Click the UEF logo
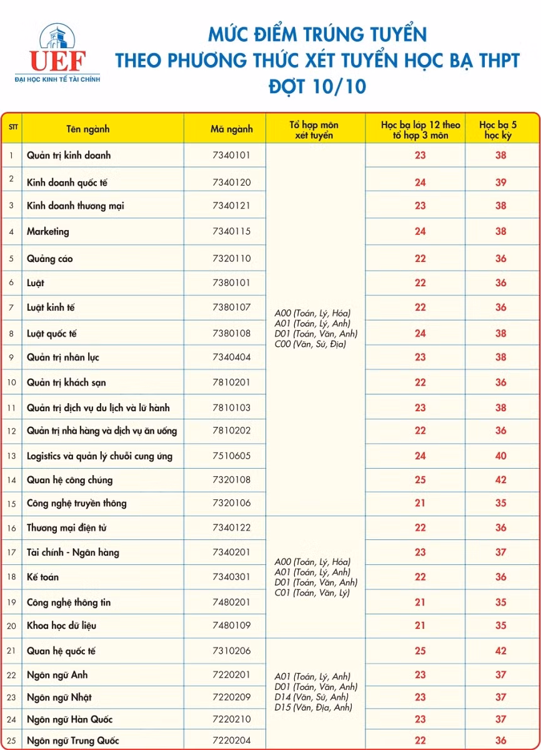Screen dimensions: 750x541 pyautogui.click(x=57, y=52)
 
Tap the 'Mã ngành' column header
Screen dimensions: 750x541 pyautogui.click(x=231, y=129)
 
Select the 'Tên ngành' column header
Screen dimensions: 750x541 pyautogui.click(x=88, y=129)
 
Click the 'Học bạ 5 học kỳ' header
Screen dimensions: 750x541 pyautogui.click(x=501, y=130)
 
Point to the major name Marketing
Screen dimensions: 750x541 pyautogui.click(x=48, y=231)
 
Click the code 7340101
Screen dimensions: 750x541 pyautogui.click(x=231, y=155)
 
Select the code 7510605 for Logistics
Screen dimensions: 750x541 pyautogui.click(x=231, y=456)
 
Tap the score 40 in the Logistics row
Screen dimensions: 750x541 pyautogui.click(x=501, y=456)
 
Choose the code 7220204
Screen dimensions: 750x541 pyautogui.click(x=231, y=741)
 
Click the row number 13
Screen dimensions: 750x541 pyautogui.click(x=12, y=456)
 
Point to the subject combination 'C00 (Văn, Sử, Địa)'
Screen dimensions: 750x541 pyautogui.click(x=310, y=344)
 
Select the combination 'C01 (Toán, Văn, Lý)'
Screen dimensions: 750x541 pyautogui.click(x=312, y=592)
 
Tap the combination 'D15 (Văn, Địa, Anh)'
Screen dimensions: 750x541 pyautogui.click(x=314, y=707)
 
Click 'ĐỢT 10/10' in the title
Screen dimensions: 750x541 pyautogui.click(x=317, y=86)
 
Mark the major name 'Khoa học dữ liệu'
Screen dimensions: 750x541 pyautogui.click(x=62, y=626)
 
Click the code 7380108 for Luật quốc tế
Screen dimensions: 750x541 pyautogui.click(x=231, y=333)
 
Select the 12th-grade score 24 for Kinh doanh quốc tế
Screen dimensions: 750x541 pyautogui.click(x=420, y=182)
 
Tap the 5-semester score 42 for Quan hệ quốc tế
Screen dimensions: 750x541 pyautogui.click(x=501, y=651)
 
